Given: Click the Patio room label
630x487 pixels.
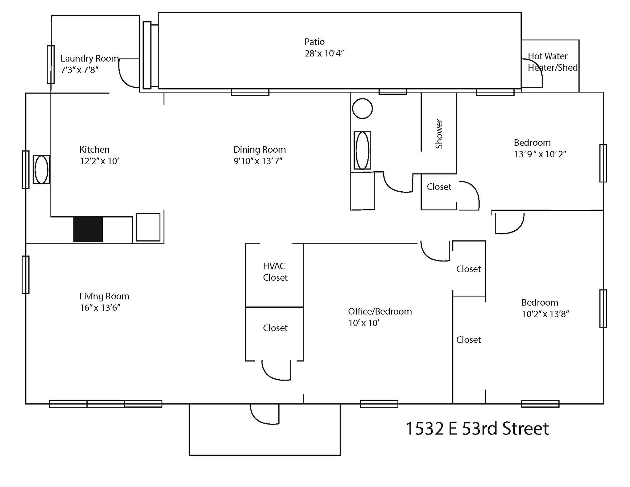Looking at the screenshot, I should pos(314,42).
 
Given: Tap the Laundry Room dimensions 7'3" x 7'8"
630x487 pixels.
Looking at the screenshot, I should pos(80,70).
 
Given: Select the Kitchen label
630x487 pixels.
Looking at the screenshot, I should pos(94,150).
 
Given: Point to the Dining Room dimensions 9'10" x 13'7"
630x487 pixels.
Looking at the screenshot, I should pos(258,161).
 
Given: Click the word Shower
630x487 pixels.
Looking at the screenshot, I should pos(439,134).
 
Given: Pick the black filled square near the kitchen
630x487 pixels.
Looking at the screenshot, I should pos(88,230).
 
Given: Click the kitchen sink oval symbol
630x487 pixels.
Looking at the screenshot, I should pos(41,170).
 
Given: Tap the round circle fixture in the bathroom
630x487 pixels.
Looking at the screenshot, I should pos(362,109).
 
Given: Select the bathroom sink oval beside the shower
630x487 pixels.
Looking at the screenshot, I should pos(362,150).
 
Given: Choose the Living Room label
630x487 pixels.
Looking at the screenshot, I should pos(104,296).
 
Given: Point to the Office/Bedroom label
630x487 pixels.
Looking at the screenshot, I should pos(380,311).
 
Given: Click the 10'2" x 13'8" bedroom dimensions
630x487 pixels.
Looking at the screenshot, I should pos(545,314).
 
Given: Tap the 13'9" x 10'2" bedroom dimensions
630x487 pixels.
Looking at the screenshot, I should pos(540,154).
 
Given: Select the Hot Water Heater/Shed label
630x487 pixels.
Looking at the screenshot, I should pos(552,62).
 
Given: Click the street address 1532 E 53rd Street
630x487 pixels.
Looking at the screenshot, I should pos(477,429).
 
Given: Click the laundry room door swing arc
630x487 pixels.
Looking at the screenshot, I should pos(126,77).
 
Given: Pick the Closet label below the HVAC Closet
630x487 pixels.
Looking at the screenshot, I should pos(275,328).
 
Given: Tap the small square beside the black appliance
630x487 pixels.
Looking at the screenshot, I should pos(148,227).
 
